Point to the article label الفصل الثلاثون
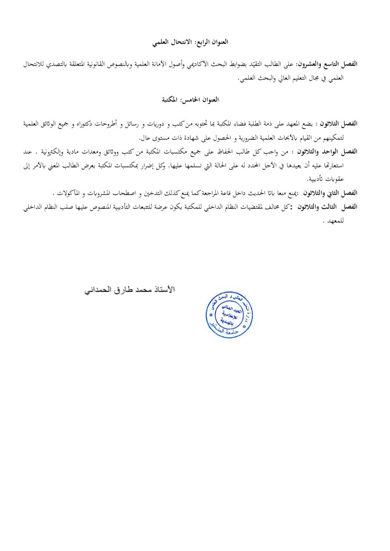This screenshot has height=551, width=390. point(342,124)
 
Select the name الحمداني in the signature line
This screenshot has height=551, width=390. point(98,290)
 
